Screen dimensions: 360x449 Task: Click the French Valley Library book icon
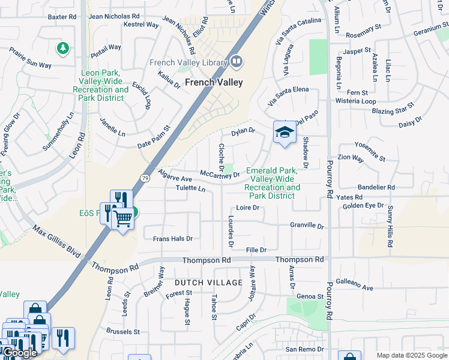pos(237,62)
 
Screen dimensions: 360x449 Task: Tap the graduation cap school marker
pos(285,133)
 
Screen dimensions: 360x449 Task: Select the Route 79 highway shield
pos(145,178)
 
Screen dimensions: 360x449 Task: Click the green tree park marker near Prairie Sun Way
pos(62,47)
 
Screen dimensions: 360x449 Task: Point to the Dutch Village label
pos(208,282)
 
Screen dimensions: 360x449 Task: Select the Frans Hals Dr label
pos(172,239)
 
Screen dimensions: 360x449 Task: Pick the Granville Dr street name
pos(307,226)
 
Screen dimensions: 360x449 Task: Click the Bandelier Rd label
pos(375,187)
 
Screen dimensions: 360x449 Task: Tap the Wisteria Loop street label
pos(357,101)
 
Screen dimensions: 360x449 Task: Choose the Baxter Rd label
pos(65,17)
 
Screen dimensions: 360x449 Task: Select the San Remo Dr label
pos(304,349)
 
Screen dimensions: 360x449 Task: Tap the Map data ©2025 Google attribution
pos(412,355)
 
